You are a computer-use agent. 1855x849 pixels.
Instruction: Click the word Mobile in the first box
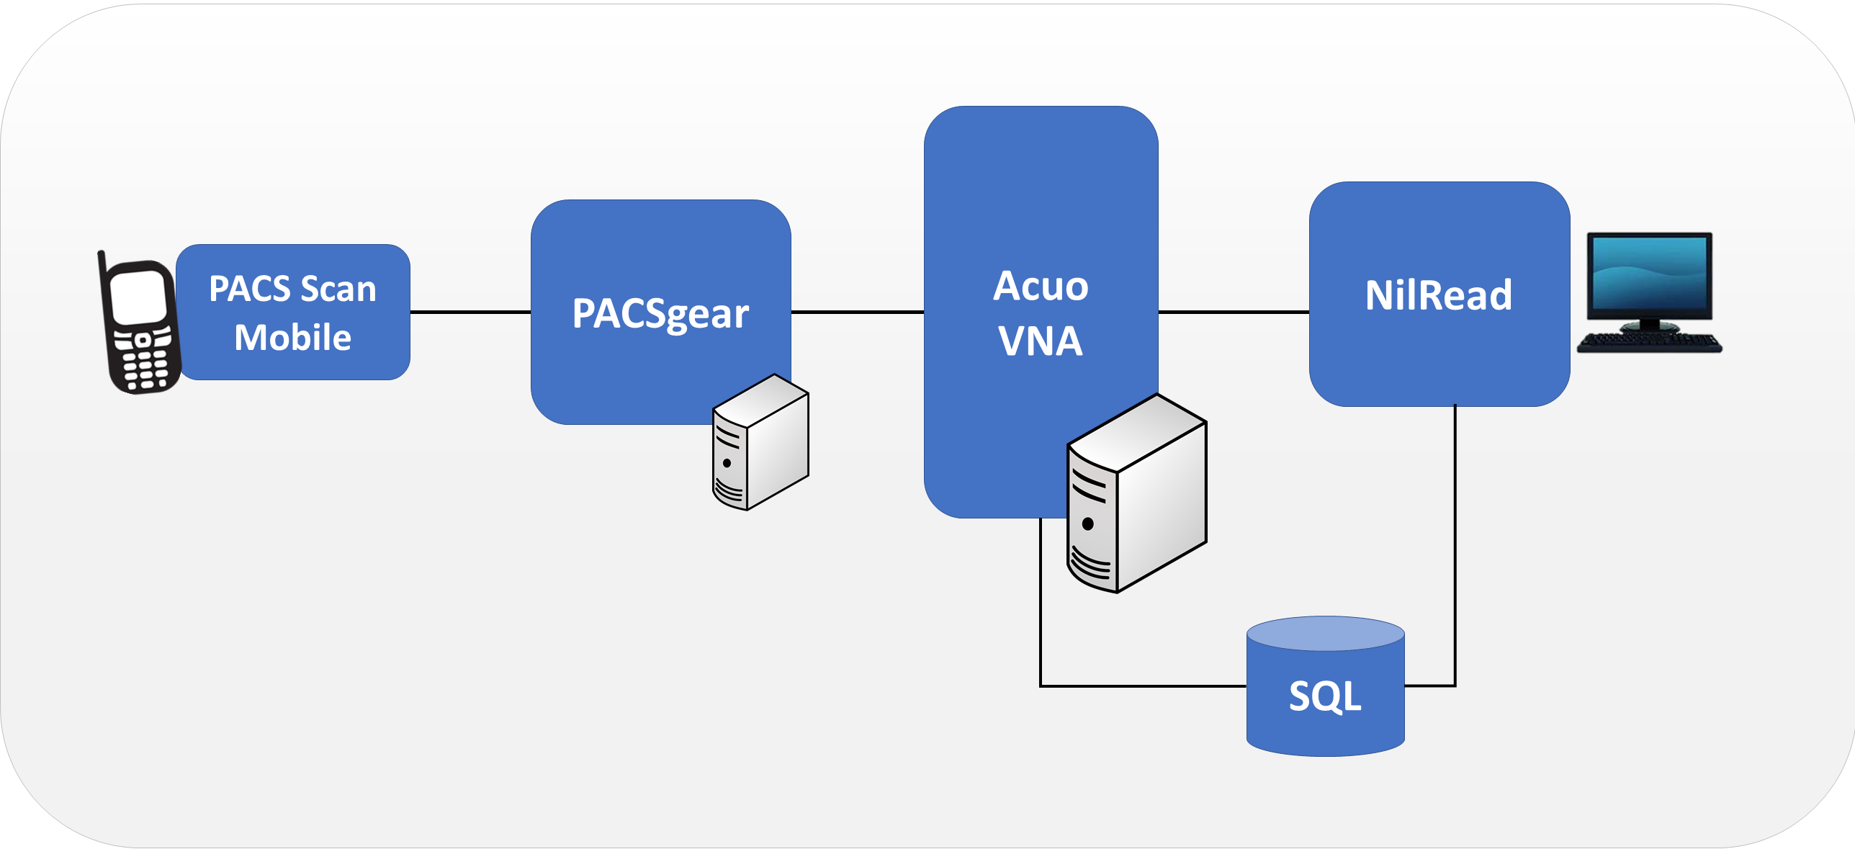tap(292, 338)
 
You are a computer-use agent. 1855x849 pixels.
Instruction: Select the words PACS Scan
tap(292, 289)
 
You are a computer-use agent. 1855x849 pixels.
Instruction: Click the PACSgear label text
tap(660, 314)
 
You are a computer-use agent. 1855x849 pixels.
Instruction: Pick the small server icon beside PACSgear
tap(760, 443)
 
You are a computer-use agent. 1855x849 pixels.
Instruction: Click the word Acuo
tap(1041, 286)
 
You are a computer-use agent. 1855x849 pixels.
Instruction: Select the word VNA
tap(1041, 341)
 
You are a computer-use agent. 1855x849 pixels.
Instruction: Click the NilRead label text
tap(1439, 295)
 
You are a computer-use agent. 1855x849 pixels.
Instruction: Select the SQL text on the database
tap(1325, 696)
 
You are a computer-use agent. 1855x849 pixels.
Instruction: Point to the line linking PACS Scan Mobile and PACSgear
tap(470, 312)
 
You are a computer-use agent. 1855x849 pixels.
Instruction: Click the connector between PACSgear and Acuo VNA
tap(857, 312)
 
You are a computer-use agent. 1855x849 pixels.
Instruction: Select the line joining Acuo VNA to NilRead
tap(1234, 312)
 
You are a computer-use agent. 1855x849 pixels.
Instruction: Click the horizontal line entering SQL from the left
tap(1145, 686)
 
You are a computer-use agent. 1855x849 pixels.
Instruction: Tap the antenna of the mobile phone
tap(102, 262)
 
